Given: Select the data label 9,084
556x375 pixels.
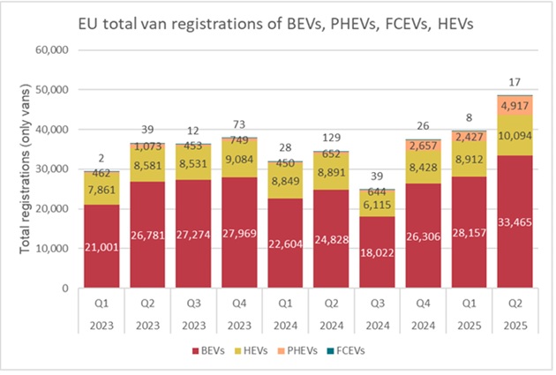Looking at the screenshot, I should (240, 160).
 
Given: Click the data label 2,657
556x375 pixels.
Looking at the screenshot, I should (423, 146).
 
